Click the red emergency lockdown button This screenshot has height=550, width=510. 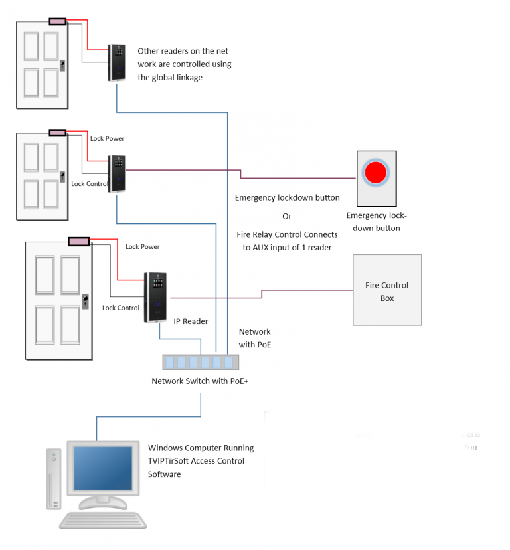tap(375, 173)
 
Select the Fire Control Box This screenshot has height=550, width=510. tap(387, 290)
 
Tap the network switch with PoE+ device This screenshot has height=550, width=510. tap(199, 362)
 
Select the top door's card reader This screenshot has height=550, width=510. tap(118, 62)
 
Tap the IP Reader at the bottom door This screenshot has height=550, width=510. tap(155, 297)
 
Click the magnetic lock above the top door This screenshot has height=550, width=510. tap(58, 22)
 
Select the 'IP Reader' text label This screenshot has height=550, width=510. tap(191, 321)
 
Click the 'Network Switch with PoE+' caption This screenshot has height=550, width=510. tap(200, 381)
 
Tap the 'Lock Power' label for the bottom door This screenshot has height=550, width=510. tap(143, 247)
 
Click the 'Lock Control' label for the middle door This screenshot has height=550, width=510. tap(89, 184)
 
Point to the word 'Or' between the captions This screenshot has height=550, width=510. tap(287, 216)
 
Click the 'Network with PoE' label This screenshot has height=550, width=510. tap(254, 338)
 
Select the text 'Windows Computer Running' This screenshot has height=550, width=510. tap(196, 448)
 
